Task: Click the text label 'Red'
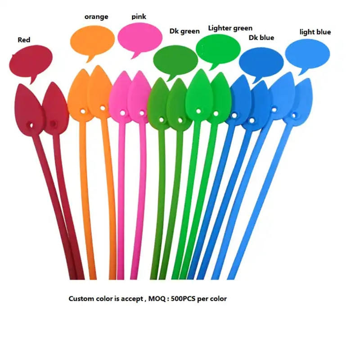(24, 40)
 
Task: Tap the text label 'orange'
(96, 17)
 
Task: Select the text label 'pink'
(139, 17)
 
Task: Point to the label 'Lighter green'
(230, 28)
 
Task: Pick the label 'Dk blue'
(261, 38)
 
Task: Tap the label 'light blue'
(315, 32)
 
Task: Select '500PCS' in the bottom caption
(187, 298)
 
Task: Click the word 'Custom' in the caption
(80, 298)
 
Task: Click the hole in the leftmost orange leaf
(83, 109)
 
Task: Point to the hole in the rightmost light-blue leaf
(296, 115)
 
